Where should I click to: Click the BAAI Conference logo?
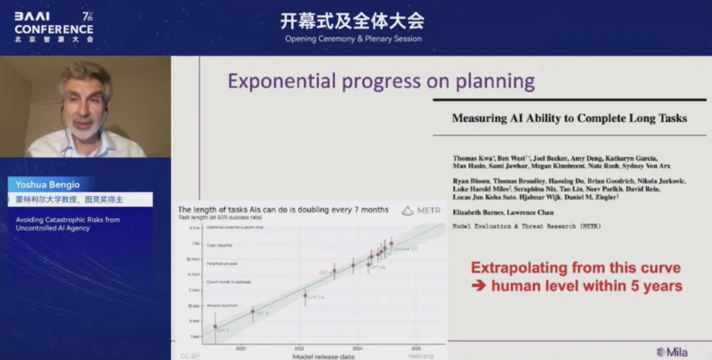click(54, 26)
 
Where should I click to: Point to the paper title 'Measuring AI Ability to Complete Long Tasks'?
click(569, 119)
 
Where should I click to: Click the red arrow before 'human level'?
click(479, 286)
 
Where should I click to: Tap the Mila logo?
click(672, 352)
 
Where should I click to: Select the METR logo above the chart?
click(421, 211)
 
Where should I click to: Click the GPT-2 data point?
click(215, 326)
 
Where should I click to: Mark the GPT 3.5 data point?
click(305, 295)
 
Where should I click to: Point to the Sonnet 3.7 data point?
click(391, 243)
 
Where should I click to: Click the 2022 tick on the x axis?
click(299, 348)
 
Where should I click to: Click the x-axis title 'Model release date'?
click(323, 357)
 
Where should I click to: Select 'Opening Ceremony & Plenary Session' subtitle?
click(353, 39)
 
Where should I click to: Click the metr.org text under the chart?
click(421, 356)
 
